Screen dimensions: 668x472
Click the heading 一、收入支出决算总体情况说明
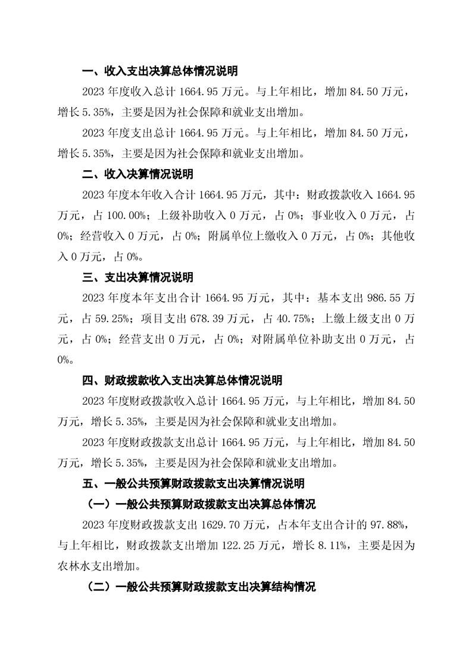pyautogui.click(x=160, y=71)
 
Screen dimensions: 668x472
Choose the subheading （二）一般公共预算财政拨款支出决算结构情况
pyautogui.click(x=198, y=586)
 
